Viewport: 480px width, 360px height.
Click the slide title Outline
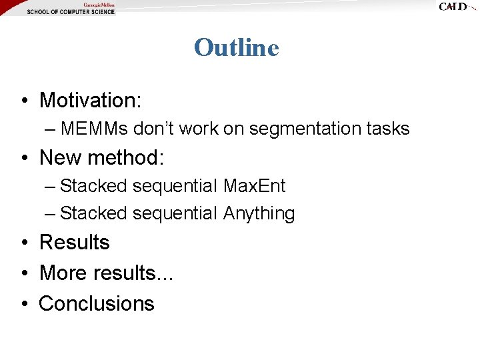[236, 47]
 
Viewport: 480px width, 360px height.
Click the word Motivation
[89, 100]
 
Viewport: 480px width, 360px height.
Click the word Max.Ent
[254, 186]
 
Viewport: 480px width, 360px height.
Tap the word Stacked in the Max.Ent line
[93, 186]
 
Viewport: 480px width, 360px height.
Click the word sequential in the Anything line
[175, 213]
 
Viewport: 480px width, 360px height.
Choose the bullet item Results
[74, 242]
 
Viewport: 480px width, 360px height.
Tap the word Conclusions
[97, 303]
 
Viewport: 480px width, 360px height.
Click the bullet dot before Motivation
[23, 101]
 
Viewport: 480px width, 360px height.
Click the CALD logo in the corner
[455, 7]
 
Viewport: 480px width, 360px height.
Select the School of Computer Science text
[70, 12]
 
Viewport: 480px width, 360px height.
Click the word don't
[157, 129]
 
